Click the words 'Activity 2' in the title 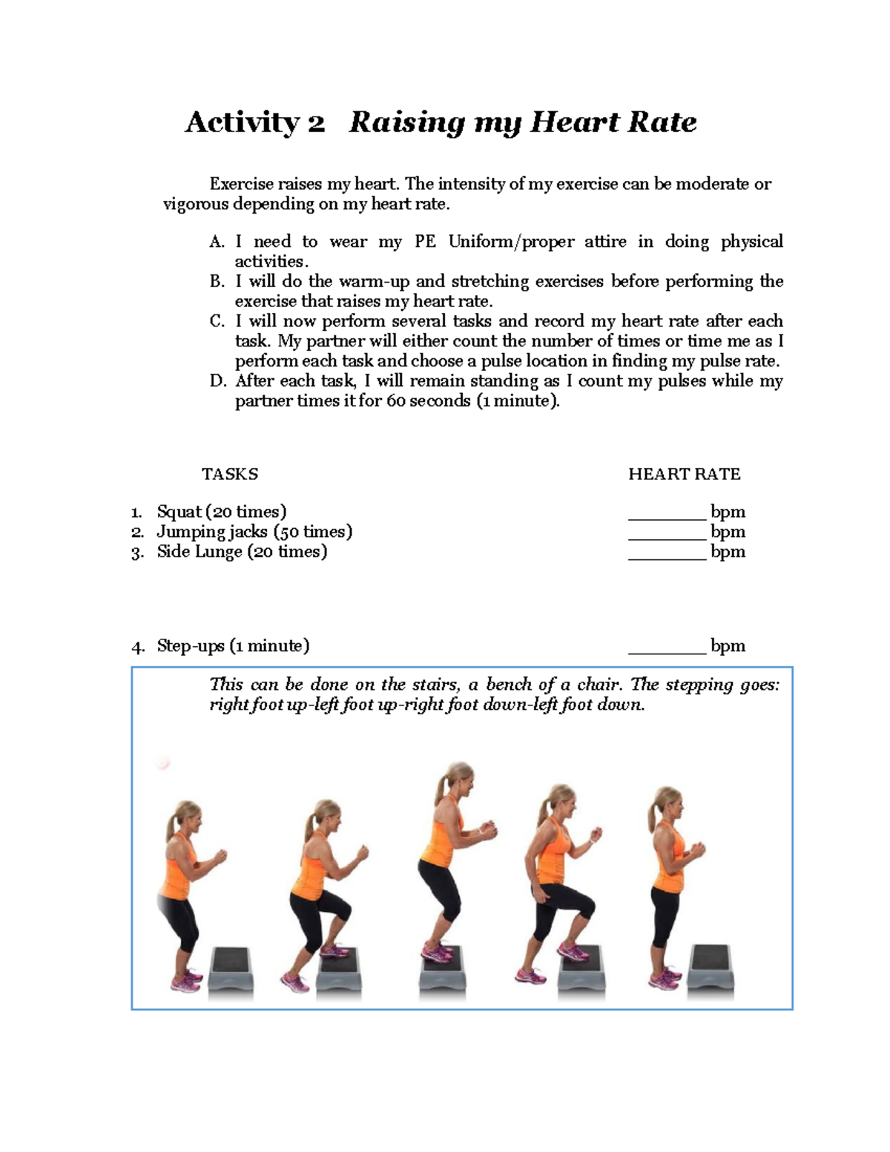[254, 122]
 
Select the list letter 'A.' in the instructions [217, 242]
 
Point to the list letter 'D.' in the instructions [217, 381]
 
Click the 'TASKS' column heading [230, 475]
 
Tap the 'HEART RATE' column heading [684, 475]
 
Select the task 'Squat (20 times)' [221, 512]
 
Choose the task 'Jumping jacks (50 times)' [254, 532]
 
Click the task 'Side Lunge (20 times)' [241, 552]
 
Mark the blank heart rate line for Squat [667, 516]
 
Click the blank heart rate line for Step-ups [667, 651]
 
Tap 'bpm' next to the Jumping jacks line [728, 532]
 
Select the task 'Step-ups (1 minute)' [233, 646]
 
